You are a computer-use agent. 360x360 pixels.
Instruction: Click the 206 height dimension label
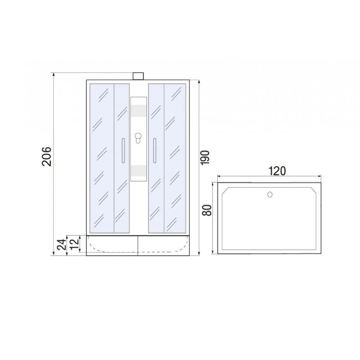tap(47, 156)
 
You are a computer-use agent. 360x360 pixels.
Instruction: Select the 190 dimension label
tap(205, 157)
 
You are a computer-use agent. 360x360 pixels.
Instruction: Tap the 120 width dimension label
tap(277, 171)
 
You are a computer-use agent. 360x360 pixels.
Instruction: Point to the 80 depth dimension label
tap(207, 210)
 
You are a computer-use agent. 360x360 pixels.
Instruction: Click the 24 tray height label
tap(62, 244)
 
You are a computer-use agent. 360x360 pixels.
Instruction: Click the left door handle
tap(123, 151)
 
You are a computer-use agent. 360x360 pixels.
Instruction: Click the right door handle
tap(155, 151)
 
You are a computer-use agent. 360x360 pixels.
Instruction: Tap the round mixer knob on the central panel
tap(138, 136)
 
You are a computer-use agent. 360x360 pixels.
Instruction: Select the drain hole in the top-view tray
tap(270, 195)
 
